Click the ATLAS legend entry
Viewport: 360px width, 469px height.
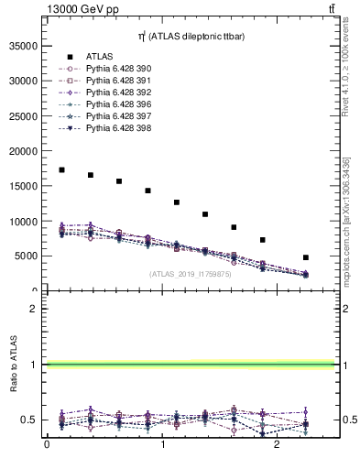100,56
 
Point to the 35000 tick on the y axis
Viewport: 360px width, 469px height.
25,45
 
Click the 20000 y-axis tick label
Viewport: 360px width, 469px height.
25,151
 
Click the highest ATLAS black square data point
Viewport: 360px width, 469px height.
61,169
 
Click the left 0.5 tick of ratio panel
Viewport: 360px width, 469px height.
31,420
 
